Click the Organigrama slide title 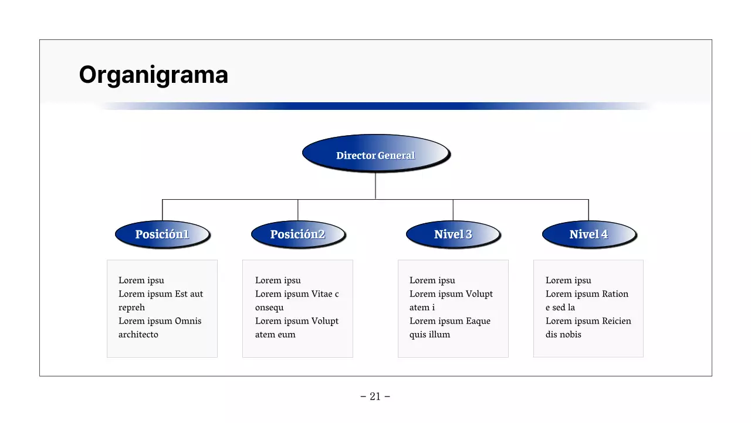pyautogui.click(x=153, y=75)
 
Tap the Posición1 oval pyautogui.click(x=162, y=234)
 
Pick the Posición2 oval pyautogui.click(x=297, y=234)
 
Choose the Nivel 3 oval pyautogui.click(x=452, y=234)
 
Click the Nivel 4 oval pyautogui.click(x=588, y=234)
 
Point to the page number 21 pyautogui.click(x=375, y=397)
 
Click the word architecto pyautogui.click(x=138, y=335)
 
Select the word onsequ pyautogui.click(x=269, y=308)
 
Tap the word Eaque pyautogui.click(x=479, y=321)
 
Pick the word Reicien pyautogui.click(x=617, y=321)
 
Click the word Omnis pyautogui.click(x=188, y=321)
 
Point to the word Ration pyautogui.click(x=615, y=294)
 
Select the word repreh pyautogui.click(x=131, y=308)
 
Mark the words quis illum pyautogui.click(x=429, y=335)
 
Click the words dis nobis pyautogui.click(x=563, y=335)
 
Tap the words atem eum pyautogui.click(x=275, y=335)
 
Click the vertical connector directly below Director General pyautogui.click(x=375, y=186)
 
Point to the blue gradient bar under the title pyautogui.click(x=375, y=106)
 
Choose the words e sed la pyautogui.click(x=560, y=308)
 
